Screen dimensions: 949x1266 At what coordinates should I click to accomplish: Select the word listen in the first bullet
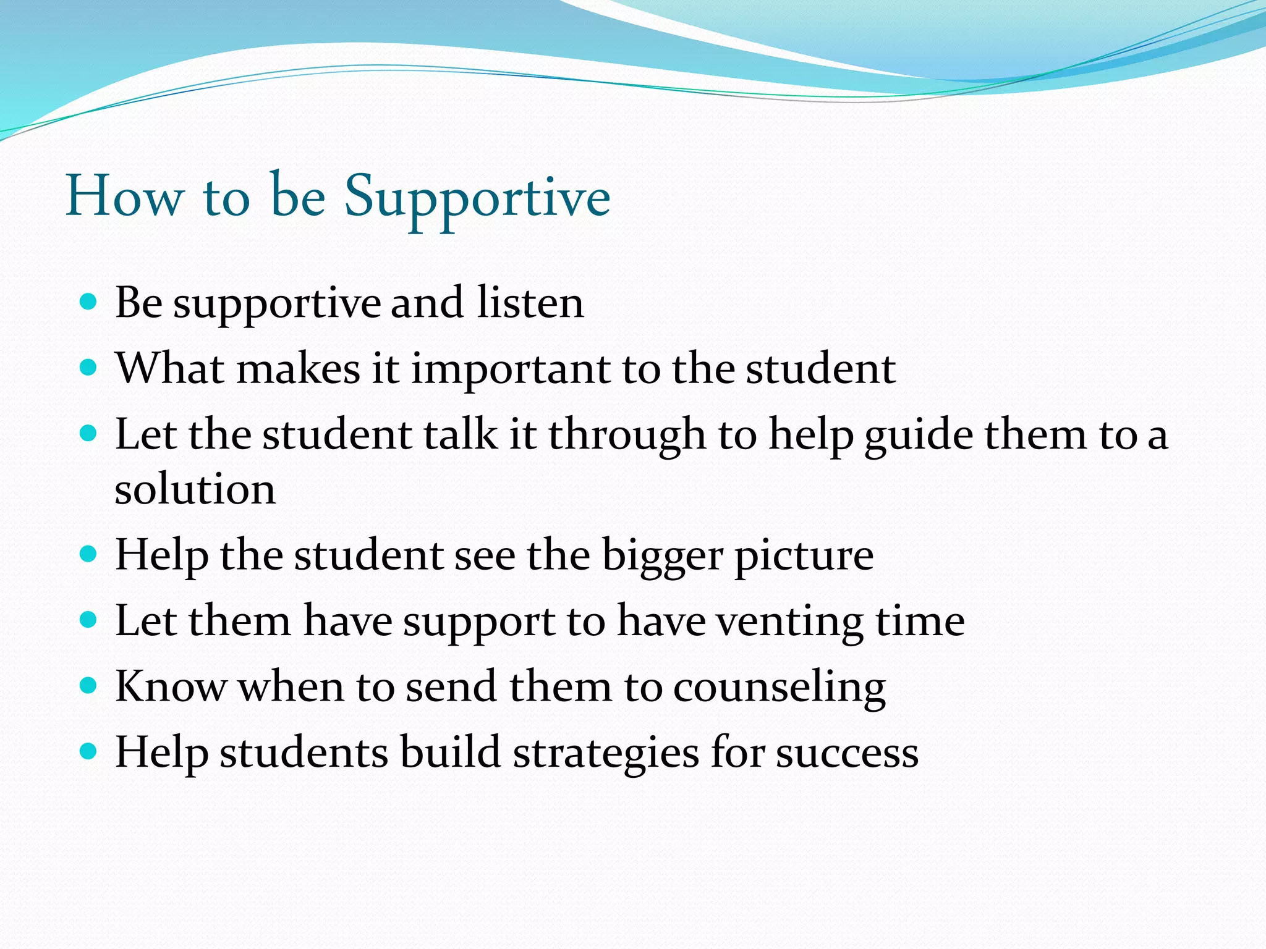[530, 303]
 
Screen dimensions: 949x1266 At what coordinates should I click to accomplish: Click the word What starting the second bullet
[170, 369]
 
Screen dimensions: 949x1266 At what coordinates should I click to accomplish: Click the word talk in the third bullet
[461, 434]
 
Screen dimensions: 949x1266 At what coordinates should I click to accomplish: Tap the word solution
[195, 489]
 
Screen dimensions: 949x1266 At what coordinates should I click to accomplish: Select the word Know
[171, 686]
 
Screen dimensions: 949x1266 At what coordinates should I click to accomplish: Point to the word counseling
[779, 688]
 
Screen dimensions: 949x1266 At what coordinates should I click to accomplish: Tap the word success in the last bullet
[847, 753]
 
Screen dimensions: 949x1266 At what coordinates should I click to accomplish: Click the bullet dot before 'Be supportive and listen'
[89, 302]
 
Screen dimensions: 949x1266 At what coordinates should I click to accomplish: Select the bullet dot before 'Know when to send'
[89, 685]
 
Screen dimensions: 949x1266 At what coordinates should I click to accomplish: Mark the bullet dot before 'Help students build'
[89, 751]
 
